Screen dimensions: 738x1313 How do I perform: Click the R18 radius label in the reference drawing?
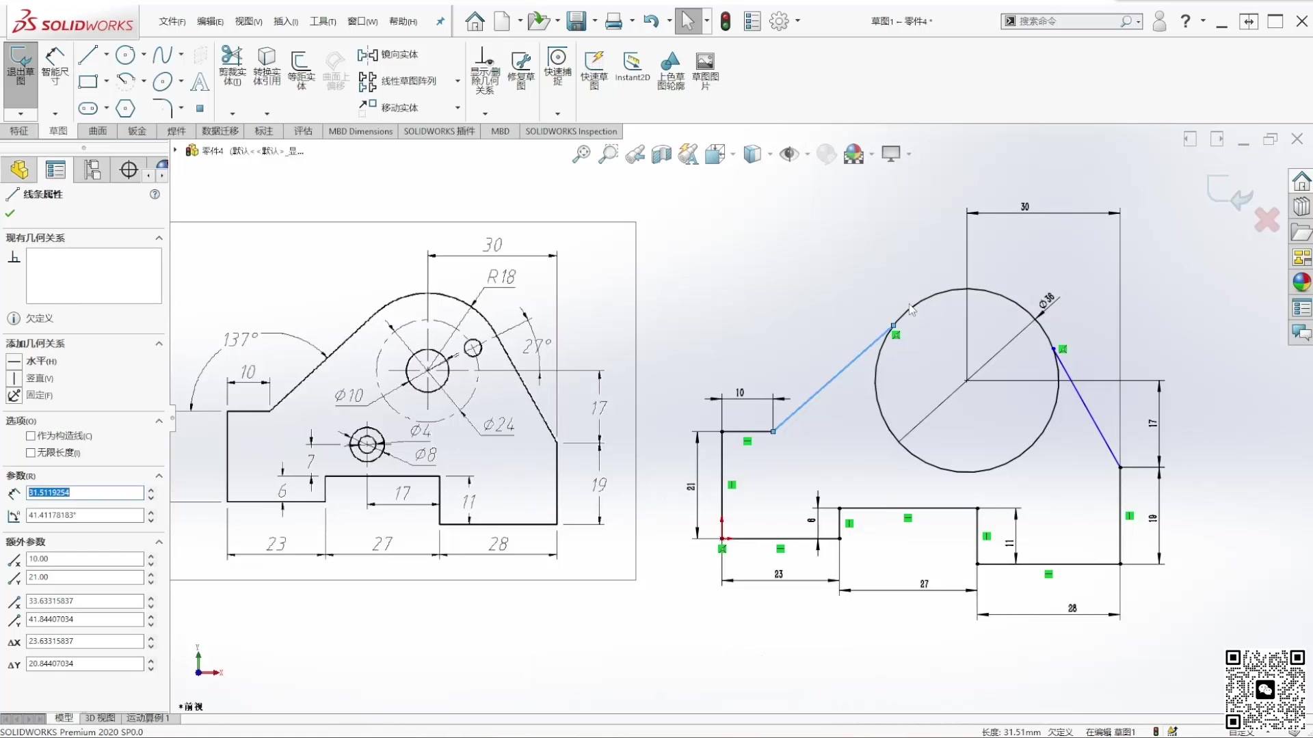[501, 277]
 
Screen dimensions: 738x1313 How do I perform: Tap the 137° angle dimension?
[240, 340]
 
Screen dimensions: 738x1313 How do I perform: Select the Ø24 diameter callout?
[499, 425]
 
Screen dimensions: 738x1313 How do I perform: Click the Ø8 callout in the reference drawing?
[425, 454]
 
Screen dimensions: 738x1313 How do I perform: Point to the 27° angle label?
[537, 346]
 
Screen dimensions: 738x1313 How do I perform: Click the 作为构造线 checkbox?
[31, 436]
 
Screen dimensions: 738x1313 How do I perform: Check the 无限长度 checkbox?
[31, 453]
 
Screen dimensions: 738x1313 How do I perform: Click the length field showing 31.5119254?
[85, 493]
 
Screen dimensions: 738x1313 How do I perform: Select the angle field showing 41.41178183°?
[85, 515]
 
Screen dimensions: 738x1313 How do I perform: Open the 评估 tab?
[303, 131]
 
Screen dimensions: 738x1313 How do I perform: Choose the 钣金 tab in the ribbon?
[137, 131]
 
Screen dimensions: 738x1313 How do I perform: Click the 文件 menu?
[172, 21]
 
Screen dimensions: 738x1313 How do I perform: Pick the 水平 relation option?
[41, 361]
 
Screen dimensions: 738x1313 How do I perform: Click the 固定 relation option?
[39, 395]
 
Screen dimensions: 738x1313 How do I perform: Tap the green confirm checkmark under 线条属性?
[10, 213]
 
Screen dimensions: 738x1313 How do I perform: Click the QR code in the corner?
[1264, 690]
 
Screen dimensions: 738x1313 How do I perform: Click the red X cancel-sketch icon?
[1266, 220]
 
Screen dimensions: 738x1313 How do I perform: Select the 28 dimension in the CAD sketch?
[1072, 608]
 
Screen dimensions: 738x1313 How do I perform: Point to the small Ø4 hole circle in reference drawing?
[473, 348]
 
